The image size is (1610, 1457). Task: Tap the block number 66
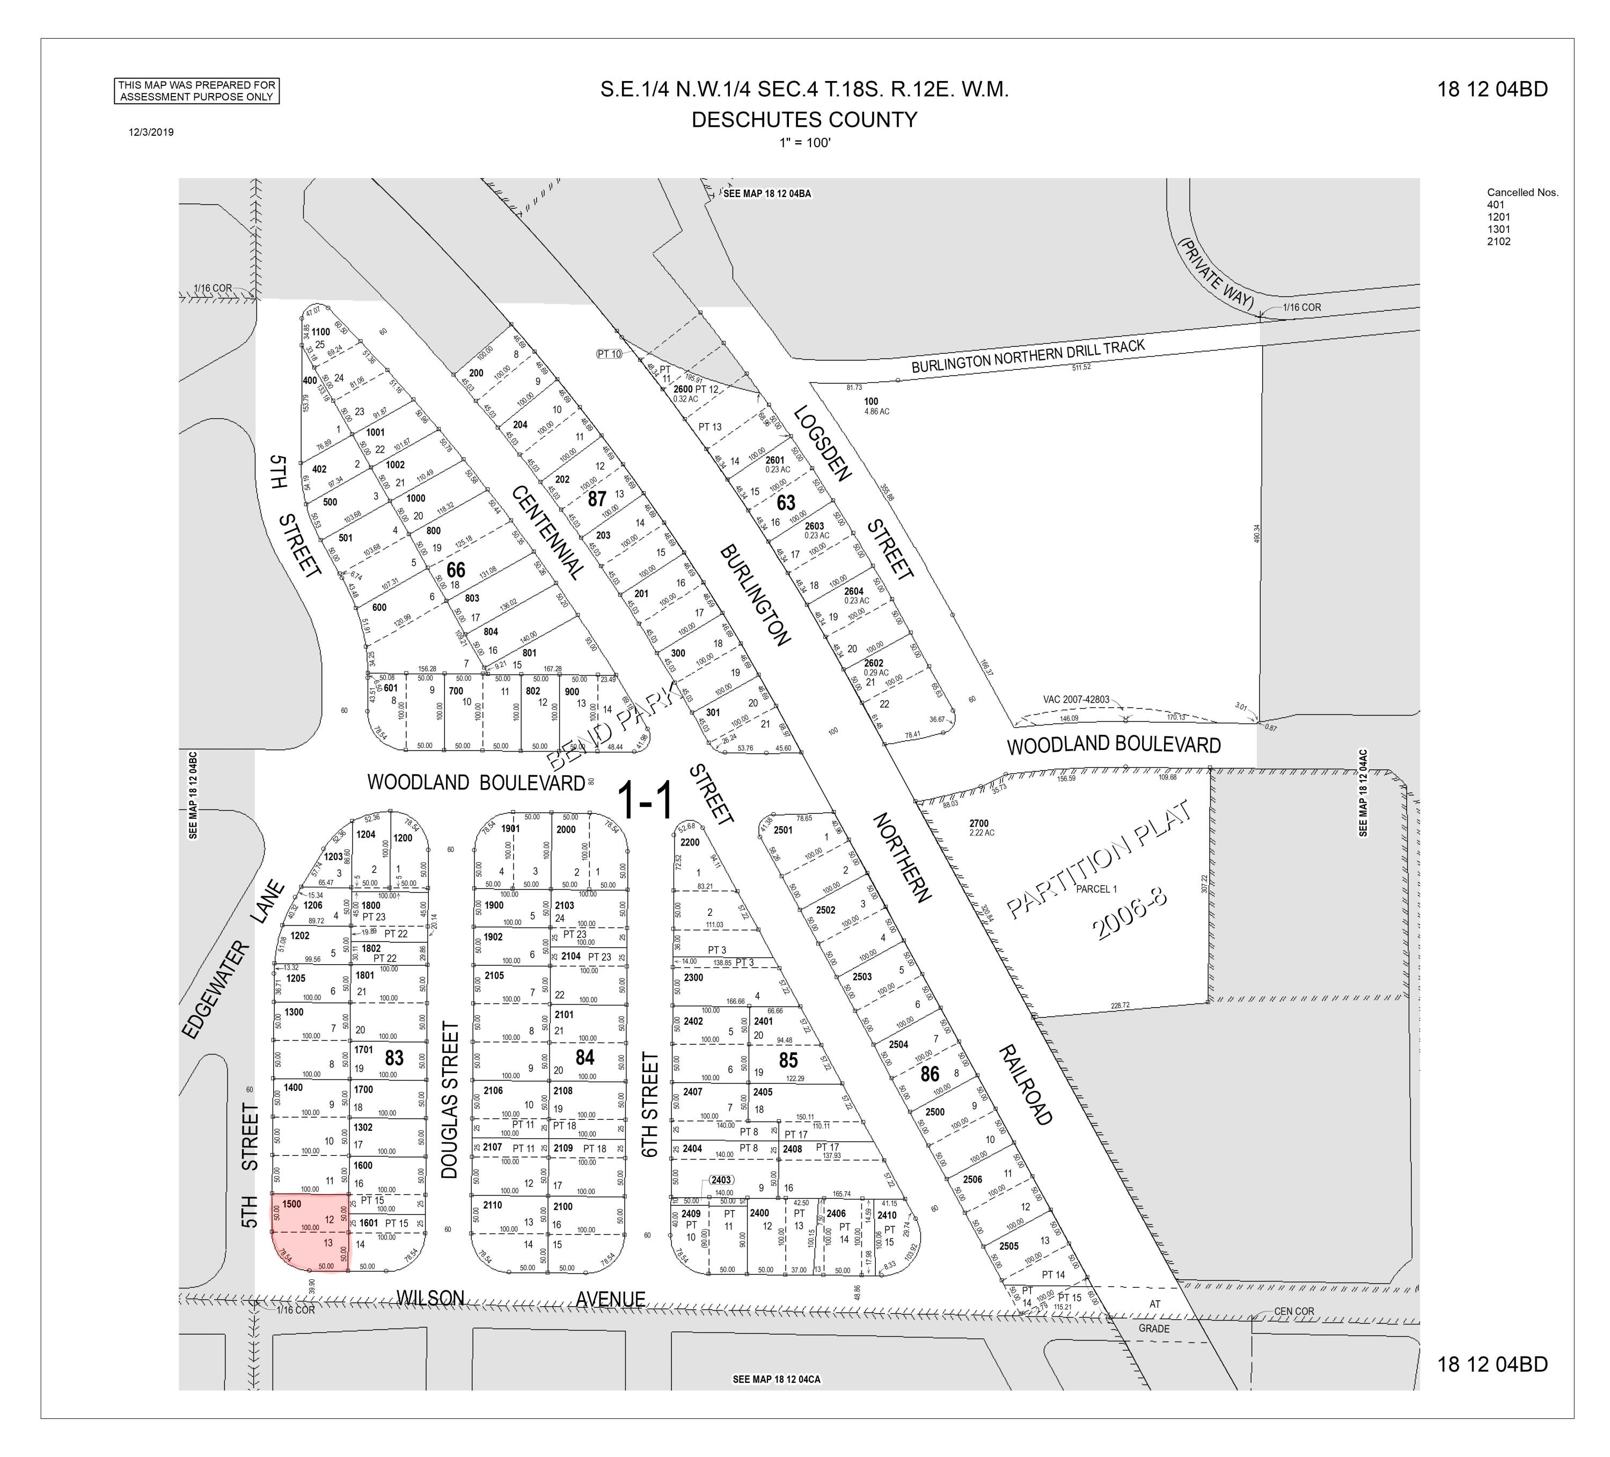point(455,570)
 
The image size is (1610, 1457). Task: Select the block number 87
point(597,498)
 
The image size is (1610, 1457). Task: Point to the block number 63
point(786,502)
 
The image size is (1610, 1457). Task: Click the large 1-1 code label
point(645,801)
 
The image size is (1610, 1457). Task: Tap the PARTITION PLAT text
point(1098,859)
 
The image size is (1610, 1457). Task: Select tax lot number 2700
point(978,824)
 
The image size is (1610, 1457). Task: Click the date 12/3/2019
point(151,133)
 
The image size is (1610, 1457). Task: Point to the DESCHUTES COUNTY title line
point(804,120)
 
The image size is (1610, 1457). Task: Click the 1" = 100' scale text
point(804,143)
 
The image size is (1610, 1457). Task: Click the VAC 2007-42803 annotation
point(1075,700)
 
